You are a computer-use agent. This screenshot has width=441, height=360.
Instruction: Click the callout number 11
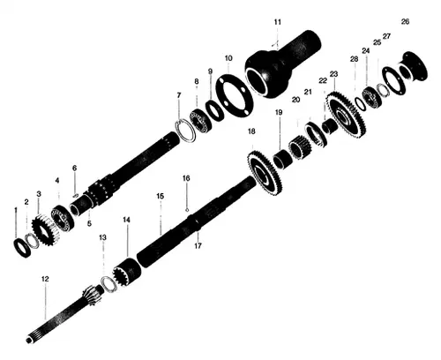coord(277,20)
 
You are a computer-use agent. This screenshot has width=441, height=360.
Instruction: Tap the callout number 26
coord(405,20)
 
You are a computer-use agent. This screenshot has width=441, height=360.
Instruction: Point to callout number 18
coord(251,131)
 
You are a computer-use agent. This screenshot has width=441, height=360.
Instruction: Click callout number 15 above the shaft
coord(160,195)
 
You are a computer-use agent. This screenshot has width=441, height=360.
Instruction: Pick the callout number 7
coord(178,95)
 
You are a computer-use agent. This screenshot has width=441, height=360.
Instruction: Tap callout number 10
coord(228,58)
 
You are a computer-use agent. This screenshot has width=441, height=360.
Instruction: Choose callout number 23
coord(333,74)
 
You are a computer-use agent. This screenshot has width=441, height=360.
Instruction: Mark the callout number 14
coord(127,219)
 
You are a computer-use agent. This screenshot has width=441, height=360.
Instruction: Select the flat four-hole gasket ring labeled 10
coord(235,93)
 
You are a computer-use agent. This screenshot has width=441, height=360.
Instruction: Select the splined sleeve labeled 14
coord(128,269)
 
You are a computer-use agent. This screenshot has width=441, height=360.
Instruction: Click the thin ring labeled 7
coord(187,129)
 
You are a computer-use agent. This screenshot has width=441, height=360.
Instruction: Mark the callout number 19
coord(278,113)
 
